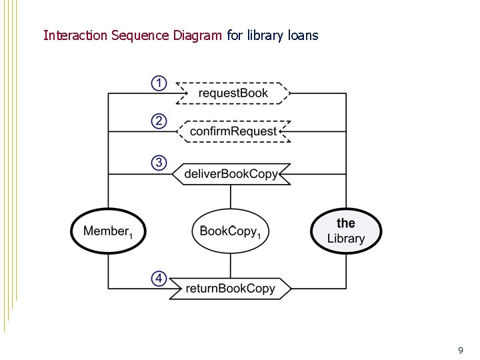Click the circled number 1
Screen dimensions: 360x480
(x=159, y=83)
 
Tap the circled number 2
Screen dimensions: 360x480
(x=159, y=121)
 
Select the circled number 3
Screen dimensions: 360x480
(x=159, y=163)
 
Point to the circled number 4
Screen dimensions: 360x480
(x=159, y=279)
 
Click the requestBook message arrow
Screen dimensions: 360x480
(x=233, y=93)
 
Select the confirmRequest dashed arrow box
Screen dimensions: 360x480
(x=233, y=131)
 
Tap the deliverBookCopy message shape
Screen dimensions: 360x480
(x=231, y=174)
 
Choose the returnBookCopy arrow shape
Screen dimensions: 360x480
(x=231, y=289)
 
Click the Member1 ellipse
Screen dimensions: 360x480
(x=109, y=231)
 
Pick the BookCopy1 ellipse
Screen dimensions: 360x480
(x=231, y=231)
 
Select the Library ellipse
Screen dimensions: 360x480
(x=346, y=231)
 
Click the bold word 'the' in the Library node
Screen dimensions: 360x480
(x=346, y=223)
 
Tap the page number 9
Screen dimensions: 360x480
(x=460, y=350)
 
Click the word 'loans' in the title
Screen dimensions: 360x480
(x=303, y=35)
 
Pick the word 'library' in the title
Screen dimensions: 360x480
(x=266, y=35)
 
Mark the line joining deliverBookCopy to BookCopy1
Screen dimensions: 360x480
(x=231, y=197)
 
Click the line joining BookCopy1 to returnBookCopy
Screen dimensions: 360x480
(x=231, y=266)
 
